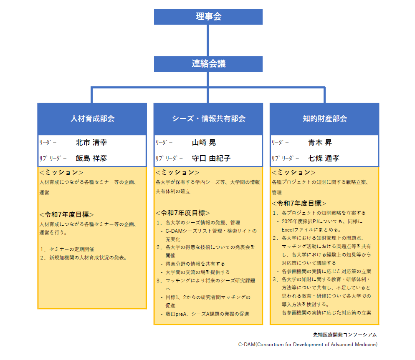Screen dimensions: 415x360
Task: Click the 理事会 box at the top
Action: pos(208,17)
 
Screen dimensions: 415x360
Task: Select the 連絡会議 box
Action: pos(208,64)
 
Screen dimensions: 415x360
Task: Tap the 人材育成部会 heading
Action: pos(92,118)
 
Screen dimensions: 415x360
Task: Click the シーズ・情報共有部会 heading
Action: pos(209,118)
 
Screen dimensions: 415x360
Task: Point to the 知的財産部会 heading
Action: pos(325,118)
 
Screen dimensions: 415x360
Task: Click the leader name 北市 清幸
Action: pos(91,143)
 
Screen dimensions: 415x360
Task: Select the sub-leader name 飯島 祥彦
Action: pos(91,158)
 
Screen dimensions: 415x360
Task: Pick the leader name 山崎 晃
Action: pos(204,143)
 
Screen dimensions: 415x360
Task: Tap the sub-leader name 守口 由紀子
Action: pos(211,158)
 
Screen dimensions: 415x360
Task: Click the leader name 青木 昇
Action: pos(320,143)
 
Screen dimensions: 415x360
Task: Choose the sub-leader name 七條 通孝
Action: pos(324,158)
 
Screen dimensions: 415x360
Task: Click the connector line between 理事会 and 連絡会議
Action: pos(208,40)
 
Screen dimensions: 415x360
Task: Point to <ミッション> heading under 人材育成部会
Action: pos(61,172)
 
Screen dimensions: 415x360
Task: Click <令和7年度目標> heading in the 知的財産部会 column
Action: pos(299,203)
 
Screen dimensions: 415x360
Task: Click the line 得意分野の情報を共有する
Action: pos(195,264)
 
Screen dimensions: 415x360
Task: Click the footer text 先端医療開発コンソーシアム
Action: pos(344,335)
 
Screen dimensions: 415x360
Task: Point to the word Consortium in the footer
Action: pos(271,345)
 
